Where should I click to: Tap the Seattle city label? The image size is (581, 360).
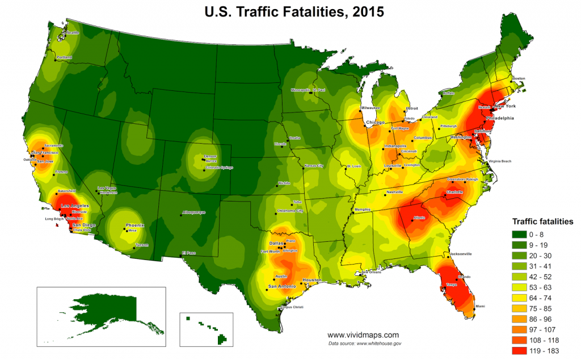73,33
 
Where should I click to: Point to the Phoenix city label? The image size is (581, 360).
135,225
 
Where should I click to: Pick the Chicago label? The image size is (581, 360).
375,123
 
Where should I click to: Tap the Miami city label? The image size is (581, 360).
480,306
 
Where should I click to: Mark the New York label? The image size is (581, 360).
504,107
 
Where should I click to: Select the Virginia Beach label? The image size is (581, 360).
500,162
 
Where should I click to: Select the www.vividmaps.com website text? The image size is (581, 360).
363,335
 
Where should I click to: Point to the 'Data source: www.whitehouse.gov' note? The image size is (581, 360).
365,344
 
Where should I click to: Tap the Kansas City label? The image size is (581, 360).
314,166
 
